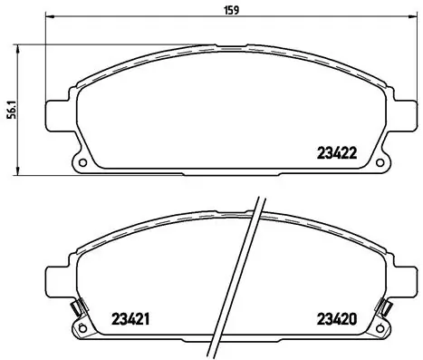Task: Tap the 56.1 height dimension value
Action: pos(10,109)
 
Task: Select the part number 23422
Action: pos(335,153)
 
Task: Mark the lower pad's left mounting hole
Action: pos(83,329)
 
